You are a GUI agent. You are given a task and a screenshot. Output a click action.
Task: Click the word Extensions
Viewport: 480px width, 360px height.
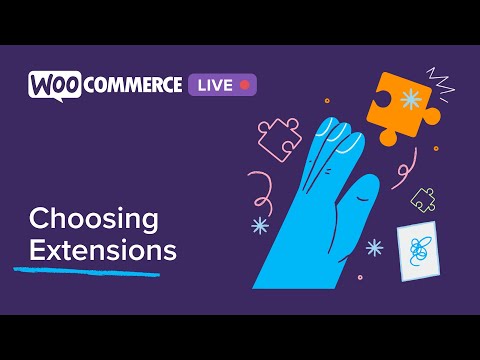102,249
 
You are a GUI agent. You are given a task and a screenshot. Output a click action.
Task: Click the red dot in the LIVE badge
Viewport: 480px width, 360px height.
244,85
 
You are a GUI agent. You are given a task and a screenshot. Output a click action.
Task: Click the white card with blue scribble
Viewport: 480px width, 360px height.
419,251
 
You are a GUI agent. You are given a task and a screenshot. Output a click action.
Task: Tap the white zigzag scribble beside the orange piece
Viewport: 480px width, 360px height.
439,79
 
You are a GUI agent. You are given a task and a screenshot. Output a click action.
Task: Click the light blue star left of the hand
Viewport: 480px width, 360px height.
259,225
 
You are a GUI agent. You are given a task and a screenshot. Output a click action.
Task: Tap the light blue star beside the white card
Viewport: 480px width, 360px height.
374,245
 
